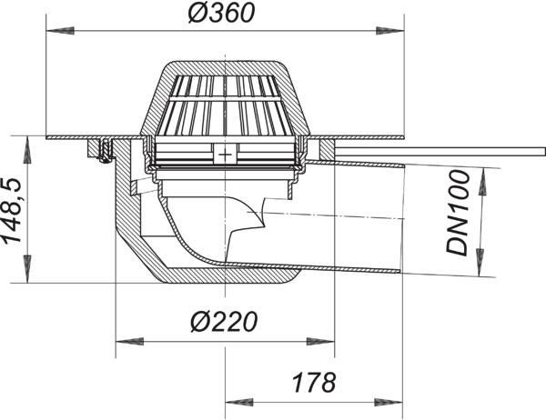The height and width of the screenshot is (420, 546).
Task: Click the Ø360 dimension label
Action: [221, 13]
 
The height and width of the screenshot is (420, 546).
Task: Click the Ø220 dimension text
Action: [224, 322]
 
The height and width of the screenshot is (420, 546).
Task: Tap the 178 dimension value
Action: [315, 382]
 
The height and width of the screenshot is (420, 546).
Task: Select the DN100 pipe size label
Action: [458, 213]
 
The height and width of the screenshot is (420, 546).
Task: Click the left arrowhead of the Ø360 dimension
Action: [60, 31]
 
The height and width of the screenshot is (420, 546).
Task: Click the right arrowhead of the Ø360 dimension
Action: [390, 31]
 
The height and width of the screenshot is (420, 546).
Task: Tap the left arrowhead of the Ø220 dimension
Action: [129, 341]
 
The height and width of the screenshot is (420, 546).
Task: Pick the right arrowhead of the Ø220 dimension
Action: [320, 341]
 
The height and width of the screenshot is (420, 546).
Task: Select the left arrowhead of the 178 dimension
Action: [239, 403]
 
